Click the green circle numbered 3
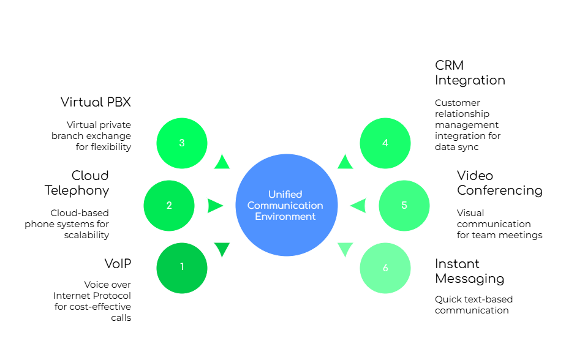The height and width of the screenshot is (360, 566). [x=182, y=143]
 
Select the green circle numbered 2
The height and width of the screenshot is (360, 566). [x=169, y=206]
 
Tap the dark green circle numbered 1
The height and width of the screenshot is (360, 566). [x=182, y=268]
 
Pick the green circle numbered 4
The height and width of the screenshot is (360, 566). [x=385, y=143]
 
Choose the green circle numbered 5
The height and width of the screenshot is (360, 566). [x=404, y=206]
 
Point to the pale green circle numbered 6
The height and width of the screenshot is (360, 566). [x=385, y=268]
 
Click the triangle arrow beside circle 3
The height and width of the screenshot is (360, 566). [x=222, y=162]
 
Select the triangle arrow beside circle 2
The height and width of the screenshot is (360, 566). [x=215, y=206]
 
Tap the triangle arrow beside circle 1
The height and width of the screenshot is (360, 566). [x=222, y=249]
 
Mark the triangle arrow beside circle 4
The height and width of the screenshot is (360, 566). [x=345, y=162]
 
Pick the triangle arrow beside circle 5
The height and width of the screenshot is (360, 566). [x=358, y=206]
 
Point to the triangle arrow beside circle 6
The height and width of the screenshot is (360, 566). [x=345, y=249]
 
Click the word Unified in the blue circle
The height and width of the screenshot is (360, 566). [x=285, y=194]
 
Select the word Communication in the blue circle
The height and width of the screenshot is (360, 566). [x=285, y=205]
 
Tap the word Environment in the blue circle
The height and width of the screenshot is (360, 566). [x=285, y=216]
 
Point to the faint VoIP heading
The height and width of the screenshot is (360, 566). [x=117, y=264]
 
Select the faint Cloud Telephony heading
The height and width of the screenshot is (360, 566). [x=80, y=182]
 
